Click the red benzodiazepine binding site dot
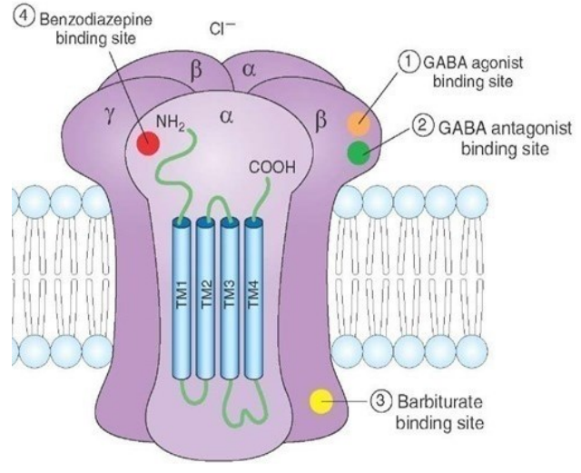click(146, 143)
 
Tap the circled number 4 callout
click(18, 17)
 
